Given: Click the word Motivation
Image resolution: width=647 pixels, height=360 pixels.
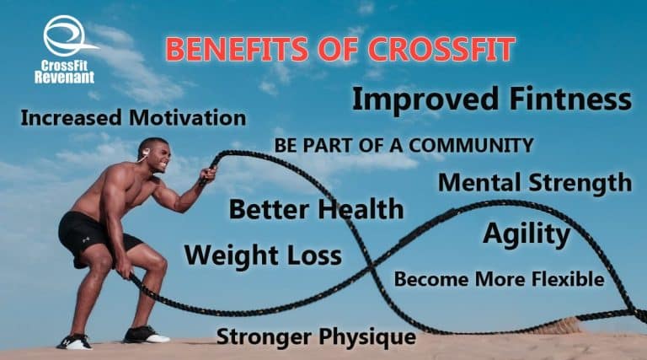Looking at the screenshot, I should (187, 118).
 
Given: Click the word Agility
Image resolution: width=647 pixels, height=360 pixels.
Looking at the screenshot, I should (526, 234).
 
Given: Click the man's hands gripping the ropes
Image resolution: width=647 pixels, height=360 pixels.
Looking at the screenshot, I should (206, 174).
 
